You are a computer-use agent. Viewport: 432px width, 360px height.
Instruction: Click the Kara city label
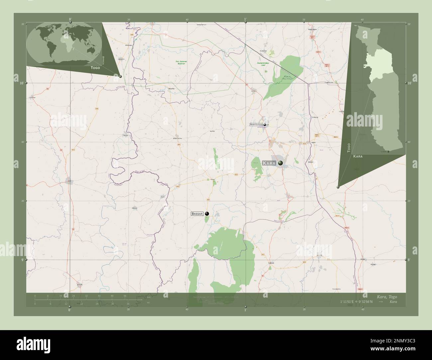[270, 163]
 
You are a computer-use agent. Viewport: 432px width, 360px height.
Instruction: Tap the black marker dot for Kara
[281, 163]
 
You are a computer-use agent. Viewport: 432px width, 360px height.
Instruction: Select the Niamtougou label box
[256, 125]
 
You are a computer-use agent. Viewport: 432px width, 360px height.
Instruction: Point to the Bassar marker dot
[207, 214]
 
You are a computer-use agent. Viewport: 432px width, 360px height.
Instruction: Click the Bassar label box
[197, 214]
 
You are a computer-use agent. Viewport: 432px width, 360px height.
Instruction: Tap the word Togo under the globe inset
[95, 67]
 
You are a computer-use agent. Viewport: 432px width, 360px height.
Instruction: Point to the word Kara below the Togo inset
[358, 156]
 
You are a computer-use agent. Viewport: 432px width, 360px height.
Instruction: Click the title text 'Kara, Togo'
[387, 297]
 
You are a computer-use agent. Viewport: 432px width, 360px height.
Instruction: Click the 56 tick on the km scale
[125, 296]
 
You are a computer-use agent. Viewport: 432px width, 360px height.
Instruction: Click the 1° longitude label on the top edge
[246, 19]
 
